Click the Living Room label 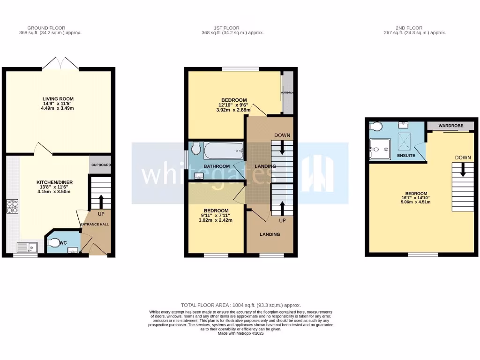pos(59,99)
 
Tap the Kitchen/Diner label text pos(55,182)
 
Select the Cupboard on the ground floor pos(100,165)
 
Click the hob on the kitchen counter pos(12,207)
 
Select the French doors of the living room pos(61,64)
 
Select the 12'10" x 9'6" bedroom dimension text pos(233,105)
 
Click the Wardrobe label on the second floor pos(450,127)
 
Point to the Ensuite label pos(406,155)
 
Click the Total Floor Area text pos(240,305)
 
